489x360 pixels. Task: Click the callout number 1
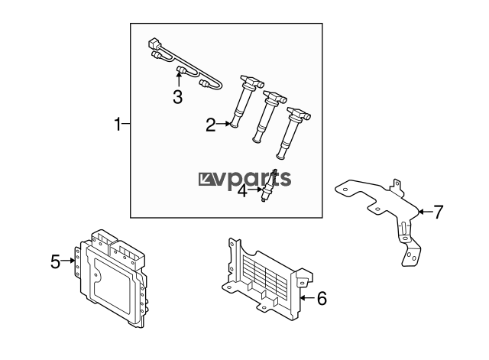tap(117, 124)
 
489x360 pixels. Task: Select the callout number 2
tap(211, 125)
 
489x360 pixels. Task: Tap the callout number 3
tap(178, 97)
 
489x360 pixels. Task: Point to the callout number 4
tap(242, 190)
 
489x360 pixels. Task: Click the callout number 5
tap(55, 261)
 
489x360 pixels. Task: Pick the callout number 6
tap(322, 298)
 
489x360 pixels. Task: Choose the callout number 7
tap(438, 212)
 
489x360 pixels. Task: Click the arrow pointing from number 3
tap(179, 79)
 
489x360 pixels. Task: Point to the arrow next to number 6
tap(308, 298)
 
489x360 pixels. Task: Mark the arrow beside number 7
tap(425, 212)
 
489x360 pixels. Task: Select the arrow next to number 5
tap(68, 261)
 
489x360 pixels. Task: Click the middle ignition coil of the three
tap(269, 117)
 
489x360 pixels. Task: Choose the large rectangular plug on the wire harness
tap(154, 44)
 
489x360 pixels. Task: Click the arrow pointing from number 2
tap(223, 124)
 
